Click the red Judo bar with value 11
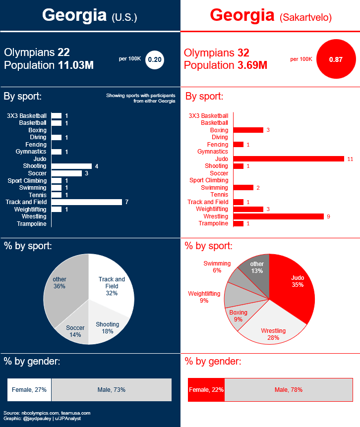pos(289,159)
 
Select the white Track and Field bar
pos(87,202)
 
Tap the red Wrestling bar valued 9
pos(278,216)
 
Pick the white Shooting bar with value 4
pos(71,166)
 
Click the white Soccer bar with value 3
pos(66,173)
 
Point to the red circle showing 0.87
pos(336,59)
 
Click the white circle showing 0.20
pos(155,59)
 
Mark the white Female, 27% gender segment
pos(29,390)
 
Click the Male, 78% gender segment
pos(288,390)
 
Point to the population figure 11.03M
pos(76,65)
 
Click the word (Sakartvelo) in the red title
pos(305,17)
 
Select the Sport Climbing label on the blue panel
pos(27,181)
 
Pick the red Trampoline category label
pos(213,224)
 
